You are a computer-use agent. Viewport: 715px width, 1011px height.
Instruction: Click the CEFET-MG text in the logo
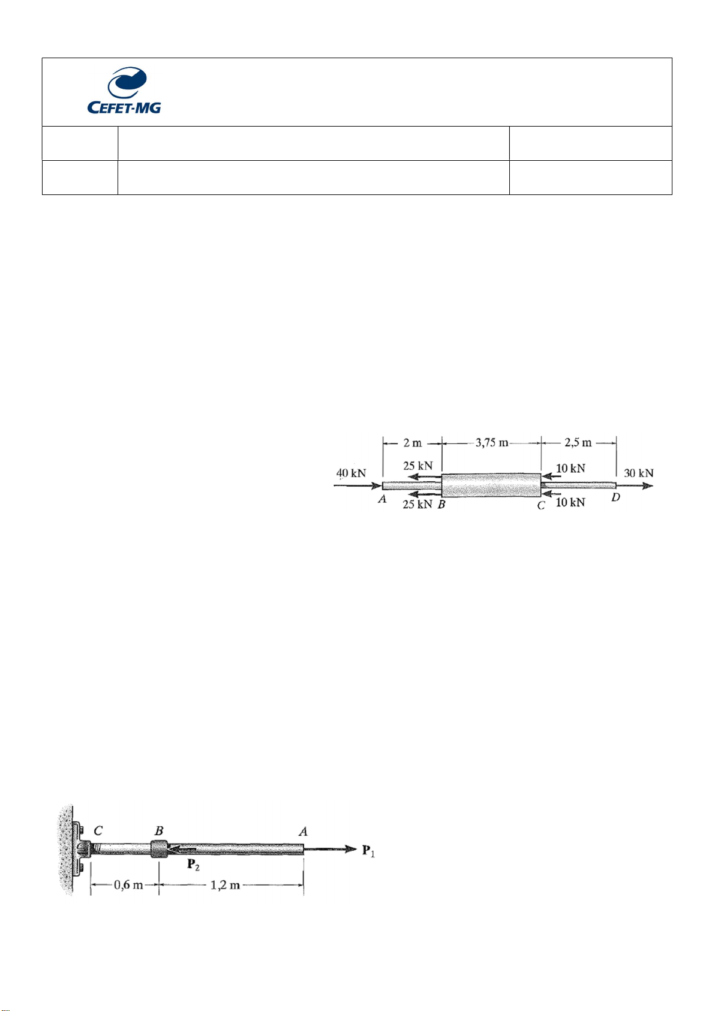tap(124, 107)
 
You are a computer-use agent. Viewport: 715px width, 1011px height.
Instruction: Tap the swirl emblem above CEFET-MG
tap(127, 83)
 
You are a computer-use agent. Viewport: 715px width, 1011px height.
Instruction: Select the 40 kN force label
tap(352, 473)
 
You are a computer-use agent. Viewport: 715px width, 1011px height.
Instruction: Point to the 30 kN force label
tap(639, 473)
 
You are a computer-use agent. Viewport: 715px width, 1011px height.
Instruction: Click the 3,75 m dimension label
tap(492, 442)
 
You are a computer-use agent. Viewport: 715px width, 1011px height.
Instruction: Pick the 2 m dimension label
tap(412, 443)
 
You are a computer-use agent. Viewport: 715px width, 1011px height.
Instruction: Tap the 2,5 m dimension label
tap(578, 442)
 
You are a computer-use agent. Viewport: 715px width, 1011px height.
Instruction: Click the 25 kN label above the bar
tap(417, 466)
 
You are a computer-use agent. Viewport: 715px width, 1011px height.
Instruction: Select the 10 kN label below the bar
tap(570, 502)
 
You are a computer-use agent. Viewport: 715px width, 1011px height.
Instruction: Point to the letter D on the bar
tap(616, 497)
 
